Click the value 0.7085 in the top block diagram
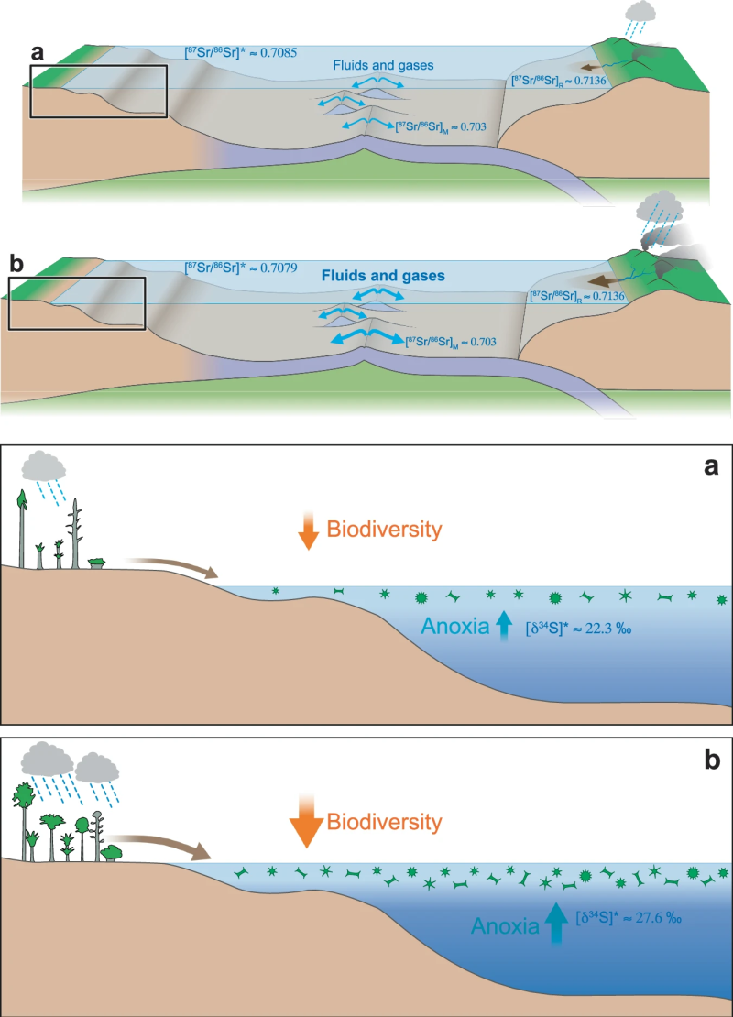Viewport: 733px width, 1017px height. point(279,52)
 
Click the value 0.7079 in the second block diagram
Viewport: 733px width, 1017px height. point(279,268)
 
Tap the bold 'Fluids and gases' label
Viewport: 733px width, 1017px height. point(383,277)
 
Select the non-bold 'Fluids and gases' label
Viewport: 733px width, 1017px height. point(383,65)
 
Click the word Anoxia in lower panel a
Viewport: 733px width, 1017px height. point(455,627)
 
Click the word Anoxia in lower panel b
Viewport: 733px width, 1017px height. point(506,926)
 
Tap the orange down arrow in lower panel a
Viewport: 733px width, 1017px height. point(308,530)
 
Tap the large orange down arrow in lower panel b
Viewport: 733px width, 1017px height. point(305,821)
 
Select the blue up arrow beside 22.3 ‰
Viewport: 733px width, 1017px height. point(504,627)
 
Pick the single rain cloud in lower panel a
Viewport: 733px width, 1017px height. point(44,466)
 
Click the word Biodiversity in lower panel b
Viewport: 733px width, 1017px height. point(385,822)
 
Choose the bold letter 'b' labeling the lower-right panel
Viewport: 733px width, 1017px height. point(712,760)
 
